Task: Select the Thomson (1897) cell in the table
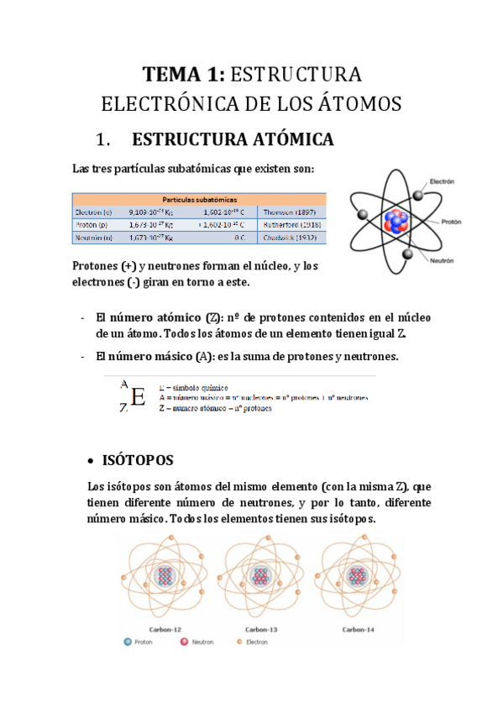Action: [291, 212]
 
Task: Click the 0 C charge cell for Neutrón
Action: [238, 238]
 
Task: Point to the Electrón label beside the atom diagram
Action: [442, 181]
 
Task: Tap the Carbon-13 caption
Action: [262, 628]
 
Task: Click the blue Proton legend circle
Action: [128, 641]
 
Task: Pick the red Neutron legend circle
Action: [184, 641]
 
